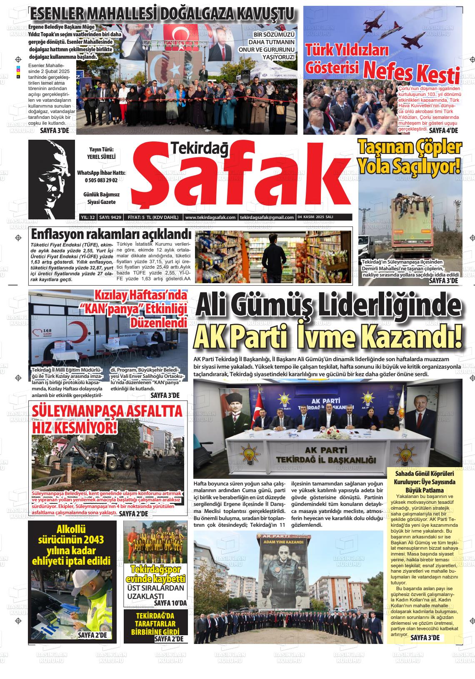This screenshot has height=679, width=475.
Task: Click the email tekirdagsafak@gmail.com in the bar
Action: (x=267, y=217)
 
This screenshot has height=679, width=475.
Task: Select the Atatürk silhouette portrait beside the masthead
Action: (x=51, y=179)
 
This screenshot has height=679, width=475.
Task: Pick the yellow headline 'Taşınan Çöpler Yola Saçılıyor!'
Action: (x=410, y=157)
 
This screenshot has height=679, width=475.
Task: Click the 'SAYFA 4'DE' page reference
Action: (x=443, y=131)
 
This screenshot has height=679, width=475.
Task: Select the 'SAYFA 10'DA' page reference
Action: (x=170, y=603)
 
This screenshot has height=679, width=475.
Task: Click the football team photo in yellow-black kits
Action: (x=155, y=542)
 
